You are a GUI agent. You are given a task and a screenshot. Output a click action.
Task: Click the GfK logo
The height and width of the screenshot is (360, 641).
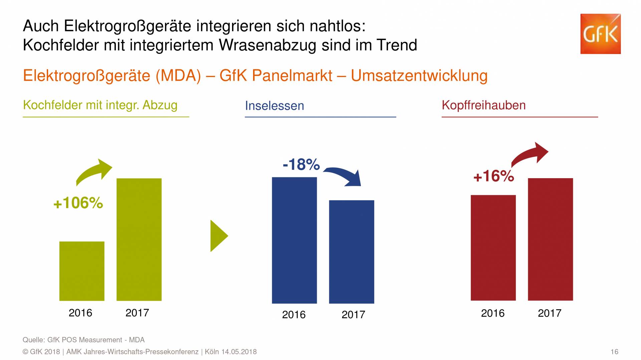(600, 34)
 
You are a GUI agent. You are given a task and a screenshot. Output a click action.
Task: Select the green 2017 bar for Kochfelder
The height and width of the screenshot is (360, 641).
(139, 239)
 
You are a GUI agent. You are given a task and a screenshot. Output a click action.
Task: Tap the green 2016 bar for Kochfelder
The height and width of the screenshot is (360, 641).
(82, 271)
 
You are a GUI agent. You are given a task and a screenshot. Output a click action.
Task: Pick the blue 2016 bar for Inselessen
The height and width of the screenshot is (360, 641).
(294, 240)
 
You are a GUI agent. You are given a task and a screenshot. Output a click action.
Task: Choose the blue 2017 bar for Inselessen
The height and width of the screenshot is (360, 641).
(352, 252)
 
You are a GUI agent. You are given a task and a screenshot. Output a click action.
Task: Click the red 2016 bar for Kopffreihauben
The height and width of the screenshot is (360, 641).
(493, 248)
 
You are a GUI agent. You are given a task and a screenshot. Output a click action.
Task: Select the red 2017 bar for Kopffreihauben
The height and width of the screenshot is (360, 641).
(550, 239)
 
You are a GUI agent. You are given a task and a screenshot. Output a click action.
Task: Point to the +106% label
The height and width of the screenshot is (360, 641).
(78, 203)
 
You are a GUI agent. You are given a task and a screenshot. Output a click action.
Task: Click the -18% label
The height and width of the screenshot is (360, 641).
(301, 164)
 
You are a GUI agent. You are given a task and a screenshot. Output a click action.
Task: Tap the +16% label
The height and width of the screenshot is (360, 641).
(493, 176)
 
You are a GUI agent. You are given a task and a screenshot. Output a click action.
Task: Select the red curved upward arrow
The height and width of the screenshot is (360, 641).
(529, 154)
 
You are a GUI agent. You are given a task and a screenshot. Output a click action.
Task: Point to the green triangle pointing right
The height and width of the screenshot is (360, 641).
(218, 236)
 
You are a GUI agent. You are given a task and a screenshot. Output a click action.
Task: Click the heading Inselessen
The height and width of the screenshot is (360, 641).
(274, 106)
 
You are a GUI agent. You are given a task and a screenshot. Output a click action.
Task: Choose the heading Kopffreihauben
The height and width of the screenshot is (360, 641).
(483, 105)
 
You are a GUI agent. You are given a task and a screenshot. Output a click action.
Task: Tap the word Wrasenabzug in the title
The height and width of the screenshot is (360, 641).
(267, 45)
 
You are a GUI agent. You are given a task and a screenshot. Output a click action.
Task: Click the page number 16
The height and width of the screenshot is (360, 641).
(614, 352)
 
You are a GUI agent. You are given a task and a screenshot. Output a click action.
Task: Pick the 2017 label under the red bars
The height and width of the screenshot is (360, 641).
(550, 313)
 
